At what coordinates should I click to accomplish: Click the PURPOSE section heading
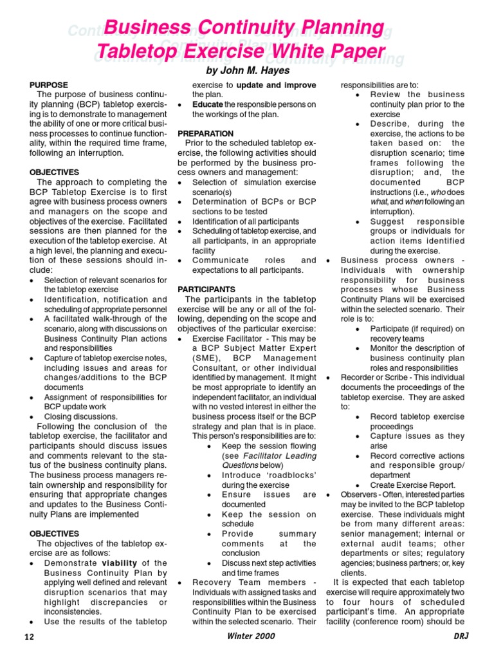pyautogui.click(x=49, y=85)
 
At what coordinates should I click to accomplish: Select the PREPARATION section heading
pyautogui.click(x=206, y=133)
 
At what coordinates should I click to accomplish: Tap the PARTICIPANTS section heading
pyautogui.click(x=206, y=290)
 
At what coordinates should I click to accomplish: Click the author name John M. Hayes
pyautogui.click(x=247, y=70)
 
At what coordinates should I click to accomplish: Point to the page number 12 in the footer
pyautogui.click(x=29, y=636)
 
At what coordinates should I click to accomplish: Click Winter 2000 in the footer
pyautogui.click(x=251, y=636)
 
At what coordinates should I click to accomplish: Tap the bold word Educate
pyautogui.click(x=208, y=104)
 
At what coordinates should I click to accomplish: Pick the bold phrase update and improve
pyautogui.click(x=277, y=85)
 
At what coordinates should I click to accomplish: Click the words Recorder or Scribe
pyautogui.click(x=371, y=377)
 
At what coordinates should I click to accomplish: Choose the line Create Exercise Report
pyautogui.click(x=413, y=485)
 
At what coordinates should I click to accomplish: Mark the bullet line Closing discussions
pyautogui.click(x=80, y=416)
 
